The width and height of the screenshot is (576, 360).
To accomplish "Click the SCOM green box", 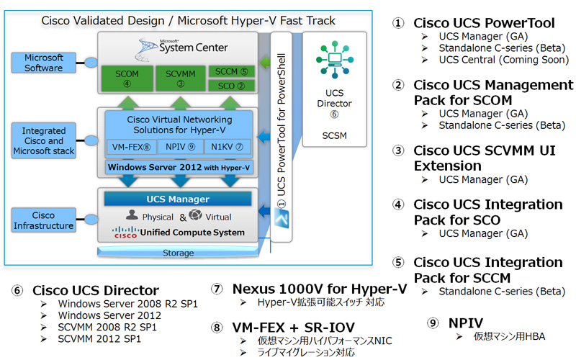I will (x=125, y=78).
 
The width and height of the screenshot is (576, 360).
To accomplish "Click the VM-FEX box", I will (x=130, y=147).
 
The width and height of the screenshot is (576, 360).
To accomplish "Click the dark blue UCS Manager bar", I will (x=178, y=199).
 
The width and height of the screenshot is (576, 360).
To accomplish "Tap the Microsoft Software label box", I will (x=44, y=63).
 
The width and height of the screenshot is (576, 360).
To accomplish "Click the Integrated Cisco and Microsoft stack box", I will (x=44, y=141).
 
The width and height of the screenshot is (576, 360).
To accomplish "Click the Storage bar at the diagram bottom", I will (x=178, y=253).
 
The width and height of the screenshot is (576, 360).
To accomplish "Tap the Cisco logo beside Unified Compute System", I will (x=125, y=233).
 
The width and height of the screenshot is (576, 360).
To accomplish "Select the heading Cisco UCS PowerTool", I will (x=484, y=24).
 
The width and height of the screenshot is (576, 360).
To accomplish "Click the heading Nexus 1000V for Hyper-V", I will (x=320, y=289).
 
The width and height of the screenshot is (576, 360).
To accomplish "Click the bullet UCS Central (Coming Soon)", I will (x=503, y=60).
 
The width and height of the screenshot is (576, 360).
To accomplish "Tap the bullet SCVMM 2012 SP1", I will (x=99, y=338).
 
